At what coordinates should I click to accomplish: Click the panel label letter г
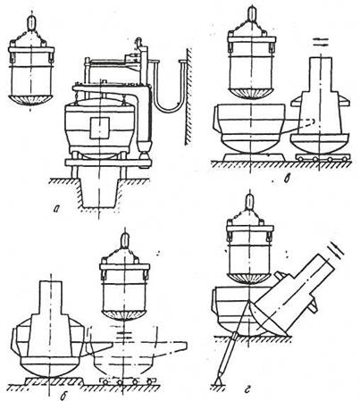(247, 388)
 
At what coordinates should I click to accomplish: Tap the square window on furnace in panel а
(100, 128)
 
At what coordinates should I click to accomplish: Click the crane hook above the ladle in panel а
(31, 22)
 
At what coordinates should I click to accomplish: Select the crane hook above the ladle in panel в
(252, 13)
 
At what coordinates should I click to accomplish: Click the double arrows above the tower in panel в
(321, 42)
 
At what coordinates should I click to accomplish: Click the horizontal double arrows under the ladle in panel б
(124, 335)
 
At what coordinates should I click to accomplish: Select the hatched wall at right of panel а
(188, 96)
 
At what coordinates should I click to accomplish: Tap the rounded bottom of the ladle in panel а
(30, 100)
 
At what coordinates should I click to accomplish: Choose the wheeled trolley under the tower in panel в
(322, 157)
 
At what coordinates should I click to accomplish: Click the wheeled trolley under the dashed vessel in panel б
(128, 380)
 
